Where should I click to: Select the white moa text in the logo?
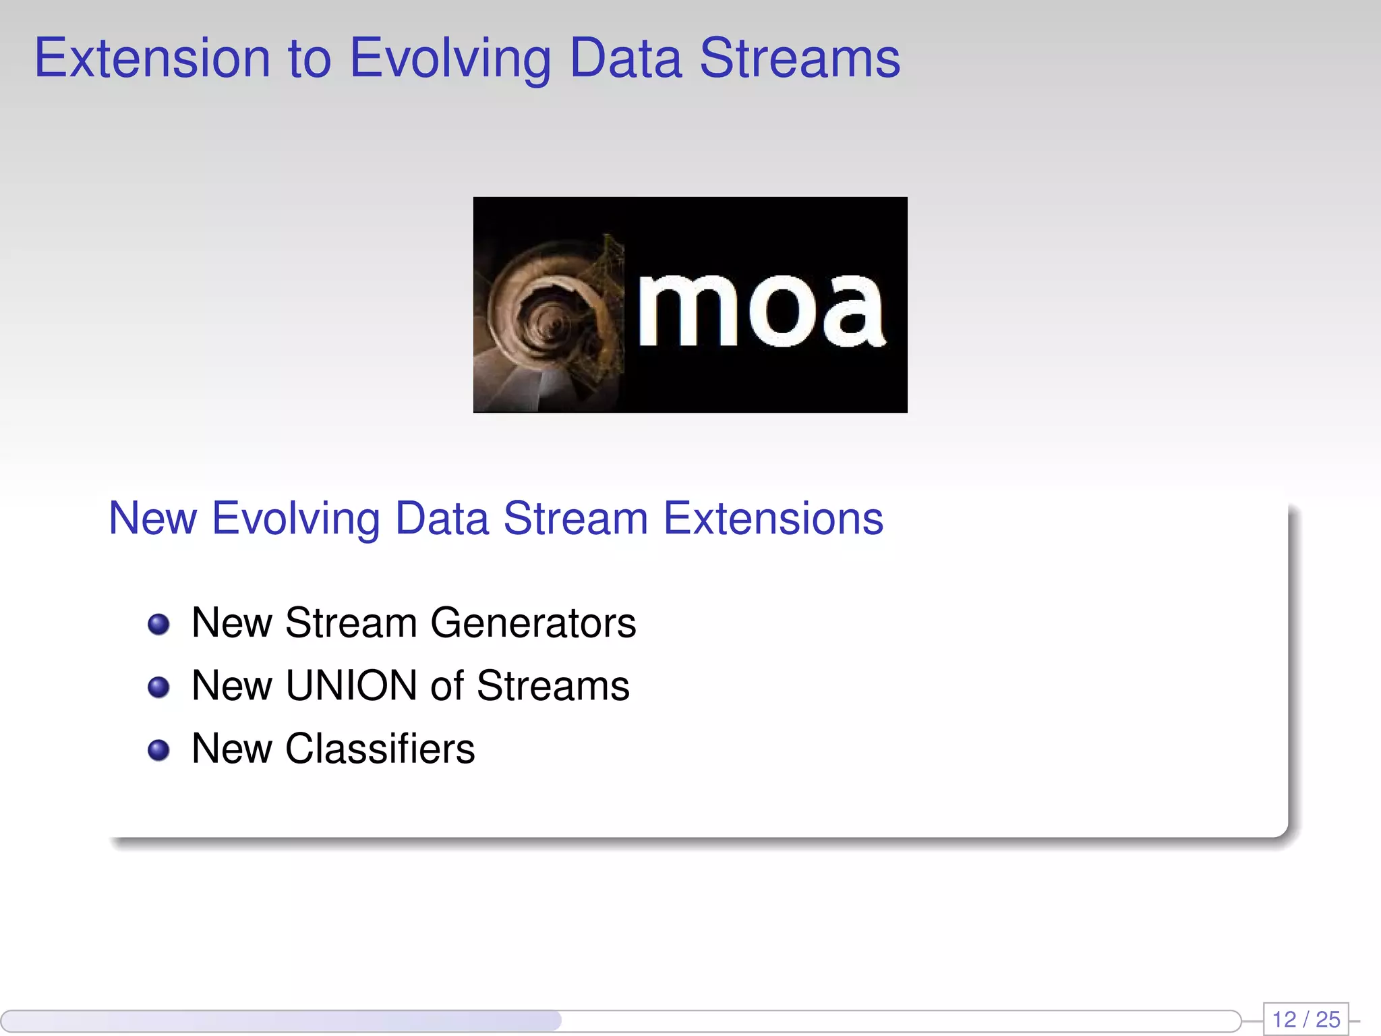pos(761,311)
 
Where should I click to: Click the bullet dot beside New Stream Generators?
pos(158,624)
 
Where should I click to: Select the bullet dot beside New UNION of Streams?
pos(158,687)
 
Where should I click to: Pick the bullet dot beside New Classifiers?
pos(158,749)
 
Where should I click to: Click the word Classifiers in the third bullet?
pos(380,749)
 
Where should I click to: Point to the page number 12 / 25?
pos(1305,1019)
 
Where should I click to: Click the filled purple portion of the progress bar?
pos(283,1020)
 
